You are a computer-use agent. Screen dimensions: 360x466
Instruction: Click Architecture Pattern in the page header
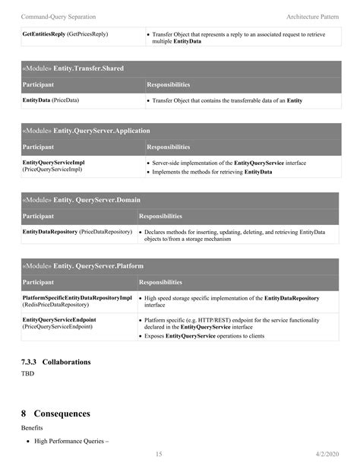(x=312, y=16)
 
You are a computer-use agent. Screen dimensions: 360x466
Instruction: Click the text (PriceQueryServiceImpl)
(x=52, y=170)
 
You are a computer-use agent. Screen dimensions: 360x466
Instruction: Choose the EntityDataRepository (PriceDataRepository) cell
(x=77, y=230)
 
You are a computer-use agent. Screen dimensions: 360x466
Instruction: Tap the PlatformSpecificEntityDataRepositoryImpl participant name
(x=77, y=298)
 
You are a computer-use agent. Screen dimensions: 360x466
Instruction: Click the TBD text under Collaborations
(x=28, y=374)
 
